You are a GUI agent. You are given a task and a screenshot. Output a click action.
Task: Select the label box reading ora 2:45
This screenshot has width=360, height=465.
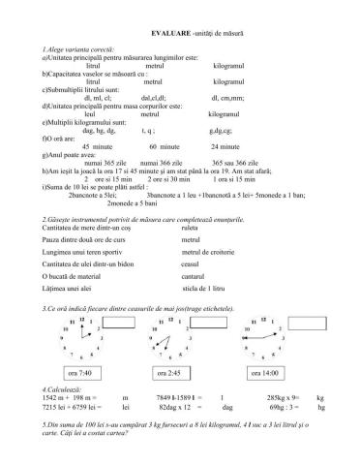click(171, 373)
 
